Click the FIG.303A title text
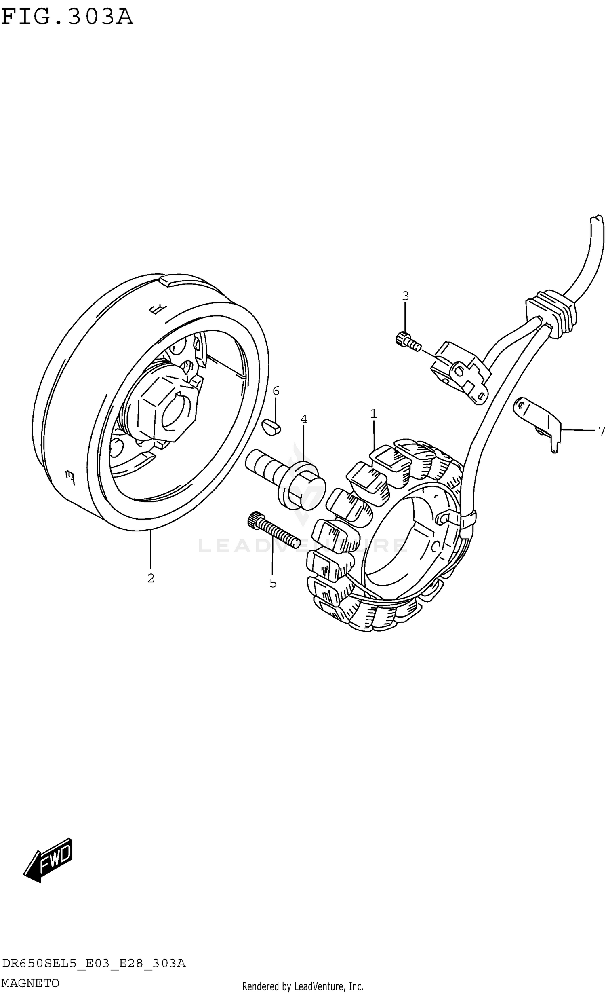pos(67,17)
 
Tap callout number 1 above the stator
pos(373,414)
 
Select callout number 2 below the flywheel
pos(151,578)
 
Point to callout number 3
pos(405,296)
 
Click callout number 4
pos(304,419)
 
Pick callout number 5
pos(273,583)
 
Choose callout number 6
pos(276,391)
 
